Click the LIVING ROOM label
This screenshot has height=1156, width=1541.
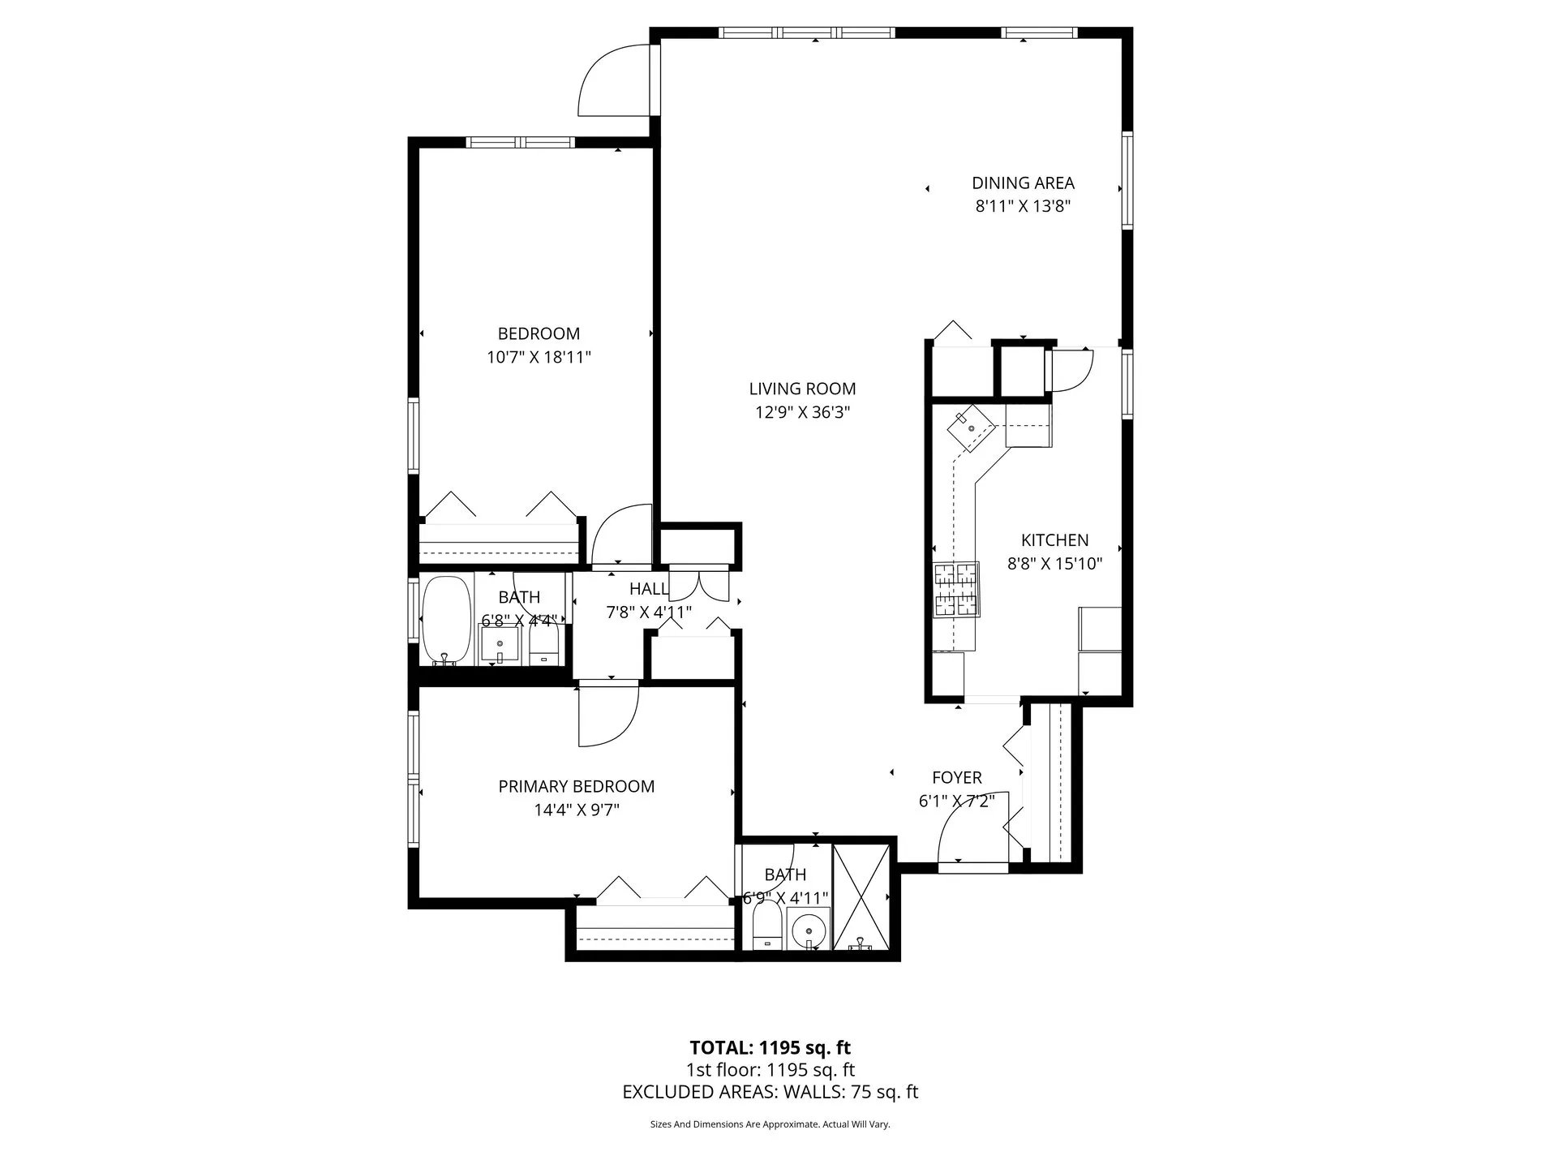click(802, 389)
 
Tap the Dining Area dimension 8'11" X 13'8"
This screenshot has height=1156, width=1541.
click(1023, 206)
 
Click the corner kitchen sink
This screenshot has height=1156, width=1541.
click(971, 428)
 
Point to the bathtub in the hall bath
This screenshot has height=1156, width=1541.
click(446, 620)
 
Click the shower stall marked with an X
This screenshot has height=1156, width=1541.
click(861, 896)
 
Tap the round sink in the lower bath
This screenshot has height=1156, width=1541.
click(808, 929)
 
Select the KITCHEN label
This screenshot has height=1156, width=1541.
click(1054, 540)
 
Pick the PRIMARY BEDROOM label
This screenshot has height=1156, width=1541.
click(576, 786)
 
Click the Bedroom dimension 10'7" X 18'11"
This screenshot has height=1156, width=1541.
click(539, 357)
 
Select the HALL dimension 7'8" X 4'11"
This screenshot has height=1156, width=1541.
click(649, 612)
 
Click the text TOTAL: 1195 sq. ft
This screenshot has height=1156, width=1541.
click(770, 1047)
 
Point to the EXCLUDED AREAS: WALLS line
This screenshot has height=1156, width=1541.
click(770, 1092)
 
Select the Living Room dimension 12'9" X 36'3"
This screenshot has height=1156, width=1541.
click(802, 412)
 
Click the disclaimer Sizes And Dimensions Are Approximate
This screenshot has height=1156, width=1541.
click(770, 1124)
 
